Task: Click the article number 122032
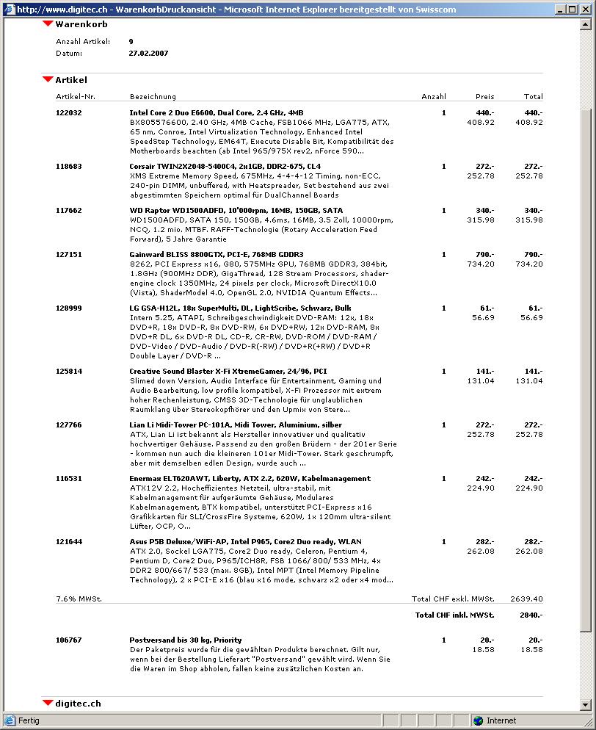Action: click(69, 113)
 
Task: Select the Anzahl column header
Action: click(433, 97)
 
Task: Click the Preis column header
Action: click(484, 97)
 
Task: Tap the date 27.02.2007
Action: click(148, 54)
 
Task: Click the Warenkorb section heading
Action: click(81, 24)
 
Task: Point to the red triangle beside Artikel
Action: click(48, 80)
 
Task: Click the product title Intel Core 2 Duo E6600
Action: click(216, 113)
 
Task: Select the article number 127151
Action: click(69, 255)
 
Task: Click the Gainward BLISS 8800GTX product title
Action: click(216, 255)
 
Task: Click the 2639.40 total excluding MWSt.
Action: click(527, 599)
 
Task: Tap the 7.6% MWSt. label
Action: click(79, 599)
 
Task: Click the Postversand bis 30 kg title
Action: click(186, 640)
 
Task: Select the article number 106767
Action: click(69, 640)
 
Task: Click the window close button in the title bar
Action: click(585, 10)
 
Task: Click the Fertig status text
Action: click(29, 721)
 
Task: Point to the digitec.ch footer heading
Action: click(78, 704)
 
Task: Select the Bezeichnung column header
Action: click(153, 97)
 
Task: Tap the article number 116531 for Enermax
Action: click(69, 479)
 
